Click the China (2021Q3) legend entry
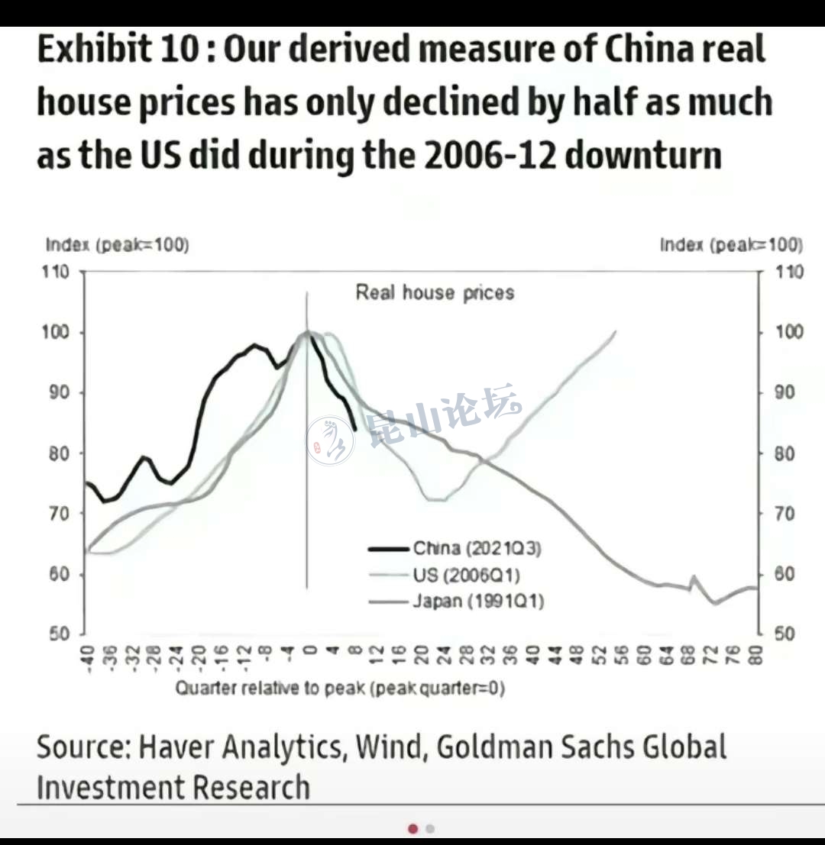pyautogui.click(x=477, y=548)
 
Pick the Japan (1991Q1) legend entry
pyautogui.click(x=478, y=601)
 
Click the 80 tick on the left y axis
pyautogui.click(x=59, y=453)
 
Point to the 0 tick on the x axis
pyautogui.click(x=309, y=651)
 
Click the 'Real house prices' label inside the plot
pyautogui.click(x=435, y=292)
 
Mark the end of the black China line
pyautogui.click(x=355, y=429)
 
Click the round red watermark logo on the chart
pyautogui.click(x=330, y=440)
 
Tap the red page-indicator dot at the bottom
pyautogui.click(x=413, y=828)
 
